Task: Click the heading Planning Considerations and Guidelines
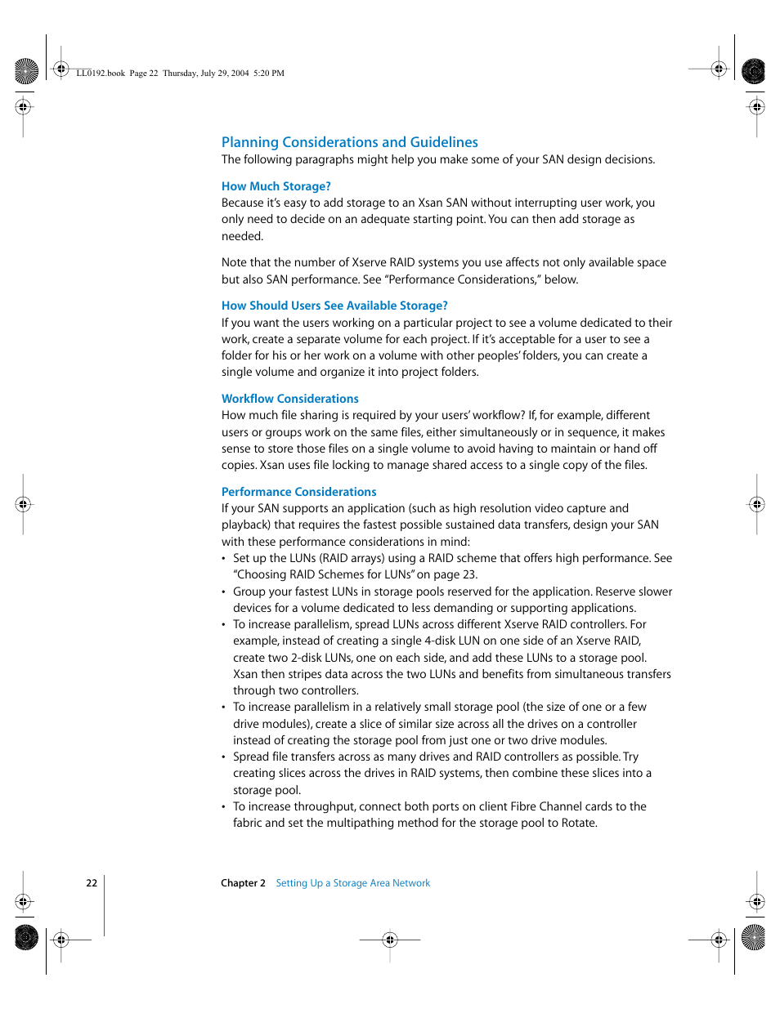(349, 142)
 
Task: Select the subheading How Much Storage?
(276, 186)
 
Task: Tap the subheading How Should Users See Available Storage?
(334, 306)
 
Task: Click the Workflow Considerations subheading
(289, 399)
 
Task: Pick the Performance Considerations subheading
(298, 492)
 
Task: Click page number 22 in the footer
(92, 883)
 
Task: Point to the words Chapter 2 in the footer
(243, 883)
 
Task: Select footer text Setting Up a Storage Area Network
(352, 883)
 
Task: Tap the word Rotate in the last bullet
(578, 823)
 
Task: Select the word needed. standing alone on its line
(242, 236)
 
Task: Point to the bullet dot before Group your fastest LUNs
(224, 592)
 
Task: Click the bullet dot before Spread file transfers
(224, 757)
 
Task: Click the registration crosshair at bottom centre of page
(390, 940)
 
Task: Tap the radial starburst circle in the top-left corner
(26, 71)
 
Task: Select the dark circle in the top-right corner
(753, 71)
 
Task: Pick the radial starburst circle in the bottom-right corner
(753, 937)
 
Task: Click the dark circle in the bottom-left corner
(26, 937)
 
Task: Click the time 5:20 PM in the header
(269, 74)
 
